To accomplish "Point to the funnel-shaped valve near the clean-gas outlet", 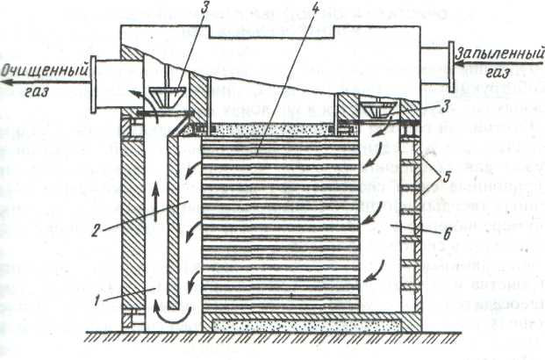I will click(x=168, y=94).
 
